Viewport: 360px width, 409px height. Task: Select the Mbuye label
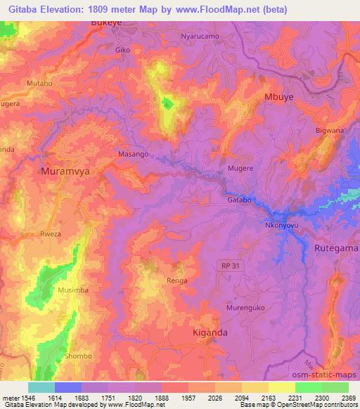pyautogui.click(x=278, y=97)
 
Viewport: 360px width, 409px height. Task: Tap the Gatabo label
pyautogui.click(x=239, y=200)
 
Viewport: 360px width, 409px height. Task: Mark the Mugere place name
pyautogui.click(x=240, y=169)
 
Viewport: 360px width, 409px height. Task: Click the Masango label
pyautogui.click(x=133, y=153)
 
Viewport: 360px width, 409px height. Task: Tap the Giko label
pyautogui.click(x=122, y=51)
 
